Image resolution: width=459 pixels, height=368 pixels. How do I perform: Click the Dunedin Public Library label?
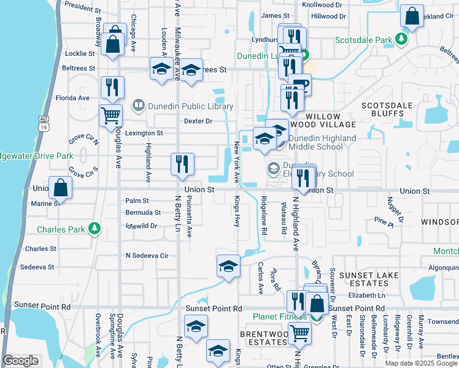(191, 106)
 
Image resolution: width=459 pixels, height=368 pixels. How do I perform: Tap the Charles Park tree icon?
(94, 229)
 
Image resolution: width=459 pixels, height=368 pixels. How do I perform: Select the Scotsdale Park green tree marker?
(401, 40)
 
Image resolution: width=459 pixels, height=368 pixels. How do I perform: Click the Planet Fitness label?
(280, 316)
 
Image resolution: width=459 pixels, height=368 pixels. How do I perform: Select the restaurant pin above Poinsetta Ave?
(182, 164)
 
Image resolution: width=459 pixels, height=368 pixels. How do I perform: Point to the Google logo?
(20, 361)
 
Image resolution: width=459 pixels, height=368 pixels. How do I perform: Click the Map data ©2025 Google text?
(421, 363)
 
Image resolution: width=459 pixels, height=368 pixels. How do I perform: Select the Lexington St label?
(144, 132)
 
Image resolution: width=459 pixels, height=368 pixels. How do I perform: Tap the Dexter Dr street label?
(198, 121)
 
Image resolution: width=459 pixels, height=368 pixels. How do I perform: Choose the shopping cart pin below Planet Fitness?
(299, 334)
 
